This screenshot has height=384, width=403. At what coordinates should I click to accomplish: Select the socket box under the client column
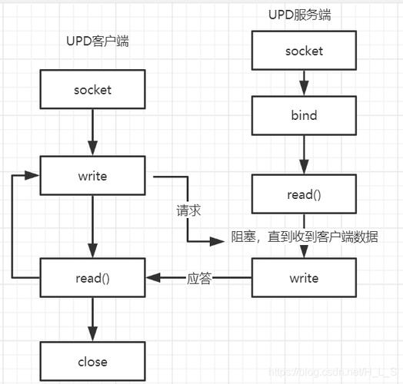92,89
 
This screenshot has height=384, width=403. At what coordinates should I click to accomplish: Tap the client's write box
92,176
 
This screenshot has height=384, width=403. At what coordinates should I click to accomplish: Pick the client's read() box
92,278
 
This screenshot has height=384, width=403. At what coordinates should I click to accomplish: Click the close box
92,362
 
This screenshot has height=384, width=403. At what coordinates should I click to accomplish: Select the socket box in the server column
305,51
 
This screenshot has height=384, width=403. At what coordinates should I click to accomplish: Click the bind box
305,116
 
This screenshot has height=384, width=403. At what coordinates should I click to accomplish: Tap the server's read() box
305,194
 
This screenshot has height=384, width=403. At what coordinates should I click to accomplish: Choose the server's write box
305,278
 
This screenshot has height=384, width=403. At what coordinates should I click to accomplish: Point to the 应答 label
198,278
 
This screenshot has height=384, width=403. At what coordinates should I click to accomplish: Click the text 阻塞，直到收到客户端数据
305,237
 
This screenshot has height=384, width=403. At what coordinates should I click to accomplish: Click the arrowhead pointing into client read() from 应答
152,278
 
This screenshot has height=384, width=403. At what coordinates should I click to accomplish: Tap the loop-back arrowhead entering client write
34,176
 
